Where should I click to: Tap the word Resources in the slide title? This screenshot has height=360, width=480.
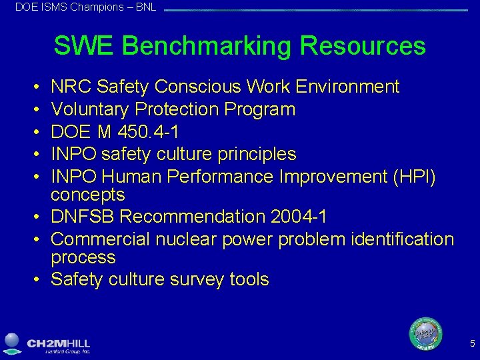tap(363, 46)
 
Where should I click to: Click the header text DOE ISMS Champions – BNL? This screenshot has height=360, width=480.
tap(86, 7)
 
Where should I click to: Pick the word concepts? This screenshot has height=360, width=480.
tap(88, 195)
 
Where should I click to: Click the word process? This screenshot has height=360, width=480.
tap(83, 257)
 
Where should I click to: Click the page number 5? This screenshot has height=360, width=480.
tap(472, 344)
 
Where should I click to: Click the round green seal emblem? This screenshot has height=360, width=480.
tap(425, 333)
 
